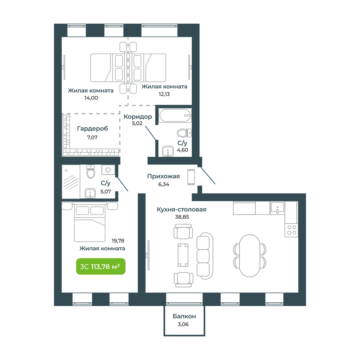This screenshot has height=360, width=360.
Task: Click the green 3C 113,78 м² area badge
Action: coord(101,266)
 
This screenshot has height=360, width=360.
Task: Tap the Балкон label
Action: coord(184,316)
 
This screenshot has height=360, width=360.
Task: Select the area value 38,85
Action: coord(182,217)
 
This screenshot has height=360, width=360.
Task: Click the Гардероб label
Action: coord(92,129)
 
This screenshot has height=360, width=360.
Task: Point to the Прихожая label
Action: coord(163,176)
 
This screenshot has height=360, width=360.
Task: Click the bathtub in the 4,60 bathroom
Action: coord(175,115)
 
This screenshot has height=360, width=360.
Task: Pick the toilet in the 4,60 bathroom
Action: coord(184,133)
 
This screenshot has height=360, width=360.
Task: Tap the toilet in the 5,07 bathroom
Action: coord(91,172)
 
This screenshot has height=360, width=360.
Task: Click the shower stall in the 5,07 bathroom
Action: coord(71,181)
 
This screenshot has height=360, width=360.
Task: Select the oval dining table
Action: coord(250,256)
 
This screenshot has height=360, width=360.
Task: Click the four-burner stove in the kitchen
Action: coord(291,230)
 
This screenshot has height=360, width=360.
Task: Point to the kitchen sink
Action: coord(277,208)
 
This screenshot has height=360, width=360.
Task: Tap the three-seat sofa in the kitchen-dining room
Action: coord(205,256)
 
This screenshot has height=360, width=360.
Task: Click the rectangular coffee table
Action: coord(183,255)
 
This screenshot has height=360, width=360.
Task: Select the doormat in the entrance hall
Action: coord(191,177)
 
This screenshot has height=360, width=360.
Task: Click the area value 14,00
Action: coord(91,98)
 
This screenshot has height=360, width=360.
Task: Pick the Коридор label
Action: coord(138,117)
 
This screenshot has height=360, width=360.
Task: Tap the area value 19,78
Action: coord(118,241)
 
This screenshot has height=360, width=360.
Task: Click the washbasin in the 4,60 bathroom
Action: coord(168,151)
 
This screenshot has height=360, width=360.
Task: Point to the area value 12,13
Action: coord(164,94)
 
